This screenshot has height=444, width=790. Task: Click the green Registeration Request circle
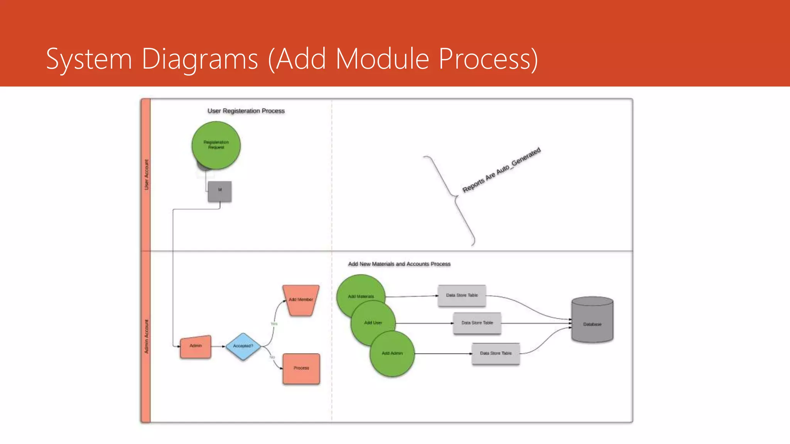point(216,145)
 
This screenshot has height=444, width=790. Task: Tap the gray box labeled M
point(220,191)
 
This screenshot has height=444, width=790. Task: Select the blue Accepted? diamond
point(243,346)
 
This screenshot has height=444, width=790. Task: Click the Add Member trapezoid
point(301,300)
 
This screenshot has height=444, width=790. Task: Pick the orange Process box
point(301,368)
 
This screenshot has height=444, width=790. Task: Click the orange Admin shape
point(196,346)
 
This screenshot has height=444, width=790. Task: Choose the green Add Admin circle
point(392,353)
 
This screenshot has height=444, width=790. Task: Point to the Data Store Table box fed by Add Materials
point(462,296)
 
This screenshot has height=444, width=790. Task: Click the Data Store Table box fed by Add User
point(477,323)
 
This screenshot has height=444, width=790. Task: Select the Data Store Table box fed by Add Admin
point(496,353)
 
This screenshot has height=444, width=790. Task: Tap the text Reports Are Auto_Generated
point(501,170)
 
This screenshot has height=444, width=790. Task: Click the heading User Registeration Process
point(246,111)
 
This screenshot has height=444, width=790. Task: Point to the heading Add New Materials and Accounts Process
point(399,264)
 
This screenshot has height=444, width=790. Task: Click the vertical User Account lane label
point(146,175)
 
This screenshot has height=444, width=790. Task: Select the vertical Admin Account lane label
point(146,336)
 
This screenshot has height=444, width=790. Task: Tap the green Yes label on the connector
point(274,324)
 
